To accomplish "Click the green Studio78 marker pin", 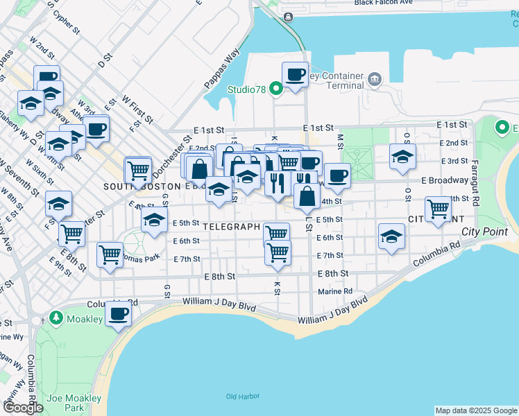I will [x=275, y=89].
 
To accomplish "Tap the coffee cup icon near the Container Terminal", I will [x=295, y=74].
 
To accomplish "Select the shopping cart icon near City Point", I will [x=438, y=208].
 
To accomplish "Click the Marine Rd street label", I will [x=336, y=291].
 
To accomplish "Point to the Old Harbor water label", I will [x=242, y=397].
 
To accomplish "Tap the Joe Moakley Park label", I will [x=74, y=403].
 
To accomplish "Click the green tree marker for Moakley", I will [x=56, y=318].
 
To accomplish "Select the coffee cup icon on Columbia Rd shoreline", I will [x=118, y=314].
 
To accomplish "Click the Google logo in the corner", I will [x=23, y=408].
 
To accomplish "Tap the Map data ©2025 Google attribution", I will [x=475, y=410].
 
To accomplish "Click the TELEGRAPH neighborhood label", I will [x=232, y=227].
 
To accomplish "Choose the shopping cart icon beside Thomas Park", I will [x=110, y=254].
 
